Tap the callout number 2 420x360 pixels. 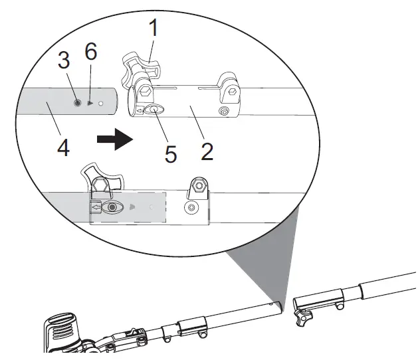click(x=207, y=151)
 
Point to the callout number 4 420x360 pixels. click(x=63, y=147)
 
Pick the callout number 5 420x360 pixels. click(x=171, y=154)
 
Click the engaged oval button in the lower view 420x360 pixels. click(x=112, y=207)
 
